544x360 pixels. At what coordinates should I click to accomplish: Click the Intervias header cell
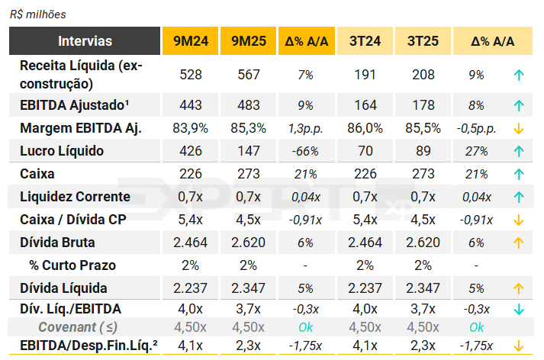point(85,41)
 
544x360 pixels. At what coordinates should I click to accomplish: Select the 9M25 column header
point(248,41)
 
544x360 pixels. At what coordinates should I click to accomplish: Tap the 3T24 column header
point(365,41)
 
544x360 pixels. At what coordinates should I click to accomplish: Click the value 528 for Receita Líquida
point(191,75)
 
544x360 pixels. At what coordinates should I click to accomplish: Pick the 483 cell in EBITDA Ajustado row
point(248,105)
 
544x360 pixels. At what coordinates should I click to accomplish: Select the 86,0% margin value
point(365,128)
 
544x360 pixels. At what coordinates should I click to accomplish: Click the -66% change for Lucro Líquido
point(304,151)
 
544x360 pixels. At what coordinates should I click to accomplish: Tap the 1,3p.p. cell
point(304,128)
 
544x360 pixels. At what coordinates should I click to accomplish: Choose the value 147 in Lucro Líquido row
point(248,151)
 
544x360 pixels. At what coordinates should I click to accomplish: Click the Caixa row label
point(37,174)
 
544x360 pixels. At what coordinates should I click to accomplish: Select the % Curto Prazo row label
point(69,265)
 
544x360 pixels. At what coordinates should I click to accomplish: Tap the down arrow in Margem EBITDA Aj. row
point(519,128)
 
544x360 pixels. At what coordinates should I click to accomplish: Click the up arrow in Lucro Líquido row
point(519,151)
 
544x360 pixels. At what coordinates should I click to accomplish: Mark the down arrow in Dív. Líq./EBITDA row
point(519,309)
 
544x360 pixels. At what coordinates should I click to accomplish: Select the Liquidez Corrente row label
point(75,197)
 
